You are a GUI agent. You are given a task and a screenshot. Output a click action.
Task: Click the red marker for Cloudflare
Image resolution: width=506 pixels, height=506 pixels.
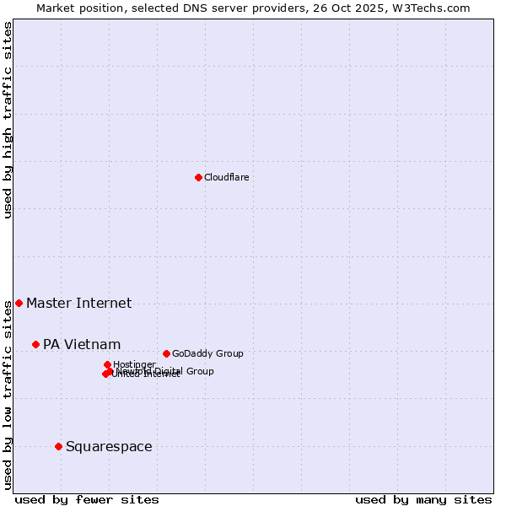(x=198, y=177)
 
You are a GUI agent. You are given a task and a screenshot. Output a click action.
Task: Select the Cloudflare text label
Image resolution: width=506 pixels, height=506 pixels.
(x=226, y=177)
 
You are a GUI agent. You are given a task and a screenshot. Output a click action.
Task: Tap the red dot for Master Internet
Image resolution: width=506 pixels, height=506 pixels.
(x=19, y=303)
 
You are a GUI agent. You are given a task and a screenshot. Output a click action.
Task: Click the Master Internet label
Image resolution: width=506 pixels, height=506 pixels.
(x=78, y=303)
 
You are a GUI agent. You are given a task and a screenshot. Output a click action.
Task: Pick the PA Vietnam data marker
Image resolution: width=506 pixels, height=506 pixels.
(x=35, y=344)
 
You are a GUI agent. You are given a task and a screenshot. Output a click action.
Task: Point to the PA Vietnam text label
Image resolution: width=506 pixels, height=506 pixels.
(x=82, y=344)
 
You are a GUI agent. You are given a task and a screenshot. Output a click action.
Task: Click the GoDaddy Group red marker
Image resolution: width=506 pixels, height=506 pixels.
(x=166, y=353)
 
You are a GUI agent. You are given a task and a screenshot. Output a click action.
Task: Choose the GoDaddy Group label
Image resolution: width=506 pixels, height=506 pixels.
(x=207, y=353)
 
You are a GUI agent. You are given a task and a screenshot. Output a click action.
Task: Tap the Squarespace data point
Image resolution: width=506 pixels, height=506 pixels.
(x=58, y=446)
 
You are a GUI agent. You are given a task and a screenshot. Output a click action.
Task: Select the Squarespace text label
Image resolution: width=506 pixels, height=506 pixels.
(x=109, y=446)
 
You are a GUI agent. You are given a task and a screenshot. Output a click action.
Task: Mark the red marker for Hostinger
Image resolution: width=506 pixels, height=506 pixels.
(x=107, y=364)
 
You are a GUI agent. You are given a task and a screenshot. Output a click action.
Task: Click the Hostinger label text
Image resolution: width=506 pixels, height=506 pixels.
(x=134, y=364)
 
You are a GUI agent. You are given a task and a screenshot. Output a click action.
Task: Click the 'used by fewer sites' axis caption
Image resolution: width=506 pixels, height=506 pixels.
(x=87, y=499)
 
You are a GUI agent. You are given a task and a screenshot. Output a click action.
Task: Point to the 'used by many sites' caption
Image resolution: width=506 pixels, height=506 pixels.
(x=423, y=499)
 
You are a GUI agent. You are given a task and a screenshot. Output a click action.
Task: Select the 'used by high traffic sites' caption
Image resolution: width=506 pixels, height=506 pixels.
(x=8, y=121)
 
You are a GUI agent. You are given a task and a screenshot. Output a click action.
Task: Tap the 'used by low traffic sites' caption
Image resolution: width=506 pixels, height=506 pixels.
(x=8, y=395)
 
